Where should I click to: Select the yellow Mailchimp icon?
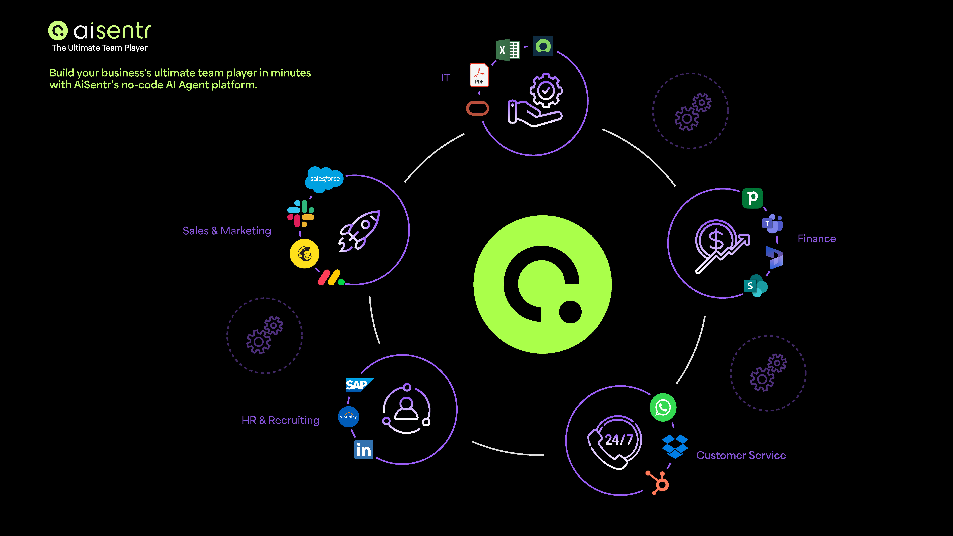coord(304,254)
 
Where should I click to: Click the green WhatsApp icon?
coord(663,407)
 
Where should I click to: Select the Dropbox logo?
coord(675,446)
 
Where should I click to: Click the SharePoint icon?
coord(755,286)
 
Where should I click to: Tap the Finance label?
coord(816,239)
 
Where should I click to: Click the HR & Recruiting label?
coord(280,420)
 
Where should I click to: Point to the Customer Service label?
coord(741,455)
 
